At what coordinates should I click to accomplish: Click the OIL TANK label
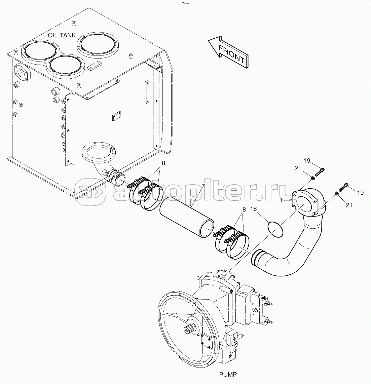pos(62,35)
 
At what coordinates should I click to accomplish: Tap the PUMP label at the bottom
pos(228,374)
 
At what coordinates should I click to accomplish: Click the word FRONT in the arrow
pos(231,54)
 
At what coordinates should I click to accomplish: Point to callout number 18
pos(253,209)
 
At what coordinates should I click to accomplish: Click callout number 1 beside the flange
pos(281,200)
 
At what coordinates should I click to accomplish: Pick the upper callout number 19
pos(307,161)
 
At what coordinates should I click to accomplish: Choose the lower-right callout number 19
pos(360,193)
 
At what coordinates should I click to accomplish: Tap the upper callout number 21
pos(298,168)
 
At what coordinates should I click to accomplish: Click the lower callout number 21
pos(349,205)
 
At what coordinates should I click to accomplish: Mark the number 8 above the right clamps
pos(244,209)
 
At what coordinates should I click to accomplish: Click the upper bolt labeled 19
pos(318,172)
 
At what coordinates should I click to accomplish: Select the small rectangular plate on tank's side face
pos(117,116)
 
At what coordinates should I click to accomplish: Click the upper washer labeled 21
pos(313,178)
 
